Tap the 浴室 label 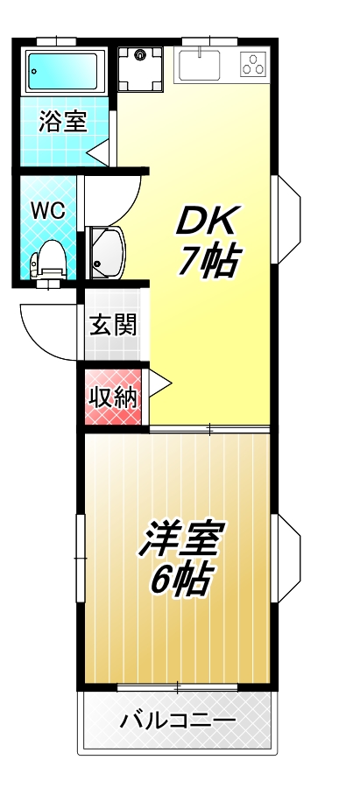click(x=63, y=122)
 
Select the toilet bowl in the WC click(x=48, y=259)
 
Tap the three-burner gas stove click(x=254, y=63)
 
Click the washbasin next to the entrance click(x=109, y=250)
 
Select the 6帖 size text click(x=181, y=579)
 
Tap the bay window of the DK click(x=288, y=218)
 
